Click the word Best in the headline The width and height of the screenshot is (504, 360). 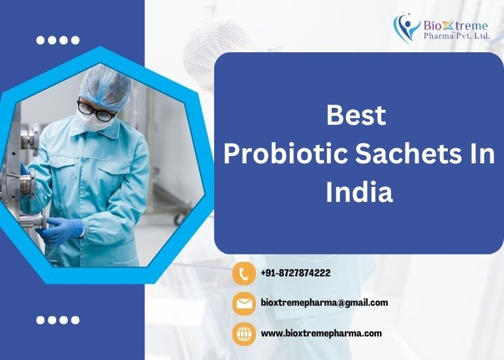point(356,115)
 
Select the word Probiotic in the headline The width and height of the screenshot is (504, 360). point(286,154)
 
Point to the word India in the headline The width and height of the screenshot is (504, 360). point(359,192)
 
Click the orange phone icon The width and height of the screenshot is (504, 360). point(244,274)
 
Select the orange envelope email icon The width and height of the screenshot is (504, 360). point(244,303)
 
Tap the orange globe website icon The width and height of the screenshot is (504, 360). point(244,334)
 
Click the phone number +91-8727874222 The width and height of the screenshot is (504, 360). point(296,273)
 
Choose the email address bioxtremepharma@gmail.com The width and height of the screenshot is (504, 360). point(324,303)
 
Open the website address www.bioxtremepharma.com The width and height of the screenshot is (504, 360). point(321,333)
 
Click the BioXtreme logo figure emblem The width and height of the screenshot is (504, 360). point(406,27)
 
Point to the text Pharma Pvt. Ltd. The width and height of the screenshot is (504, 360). point(457,35)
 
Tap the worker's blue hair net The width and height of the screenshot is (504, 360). point(104,86)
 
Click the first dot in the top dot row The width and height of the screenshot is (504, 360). point(40,41)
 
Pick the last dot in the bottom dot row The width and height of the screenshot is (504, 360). point(75,320)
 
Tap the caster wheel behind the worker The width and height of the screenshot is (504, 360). point(179,219)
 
